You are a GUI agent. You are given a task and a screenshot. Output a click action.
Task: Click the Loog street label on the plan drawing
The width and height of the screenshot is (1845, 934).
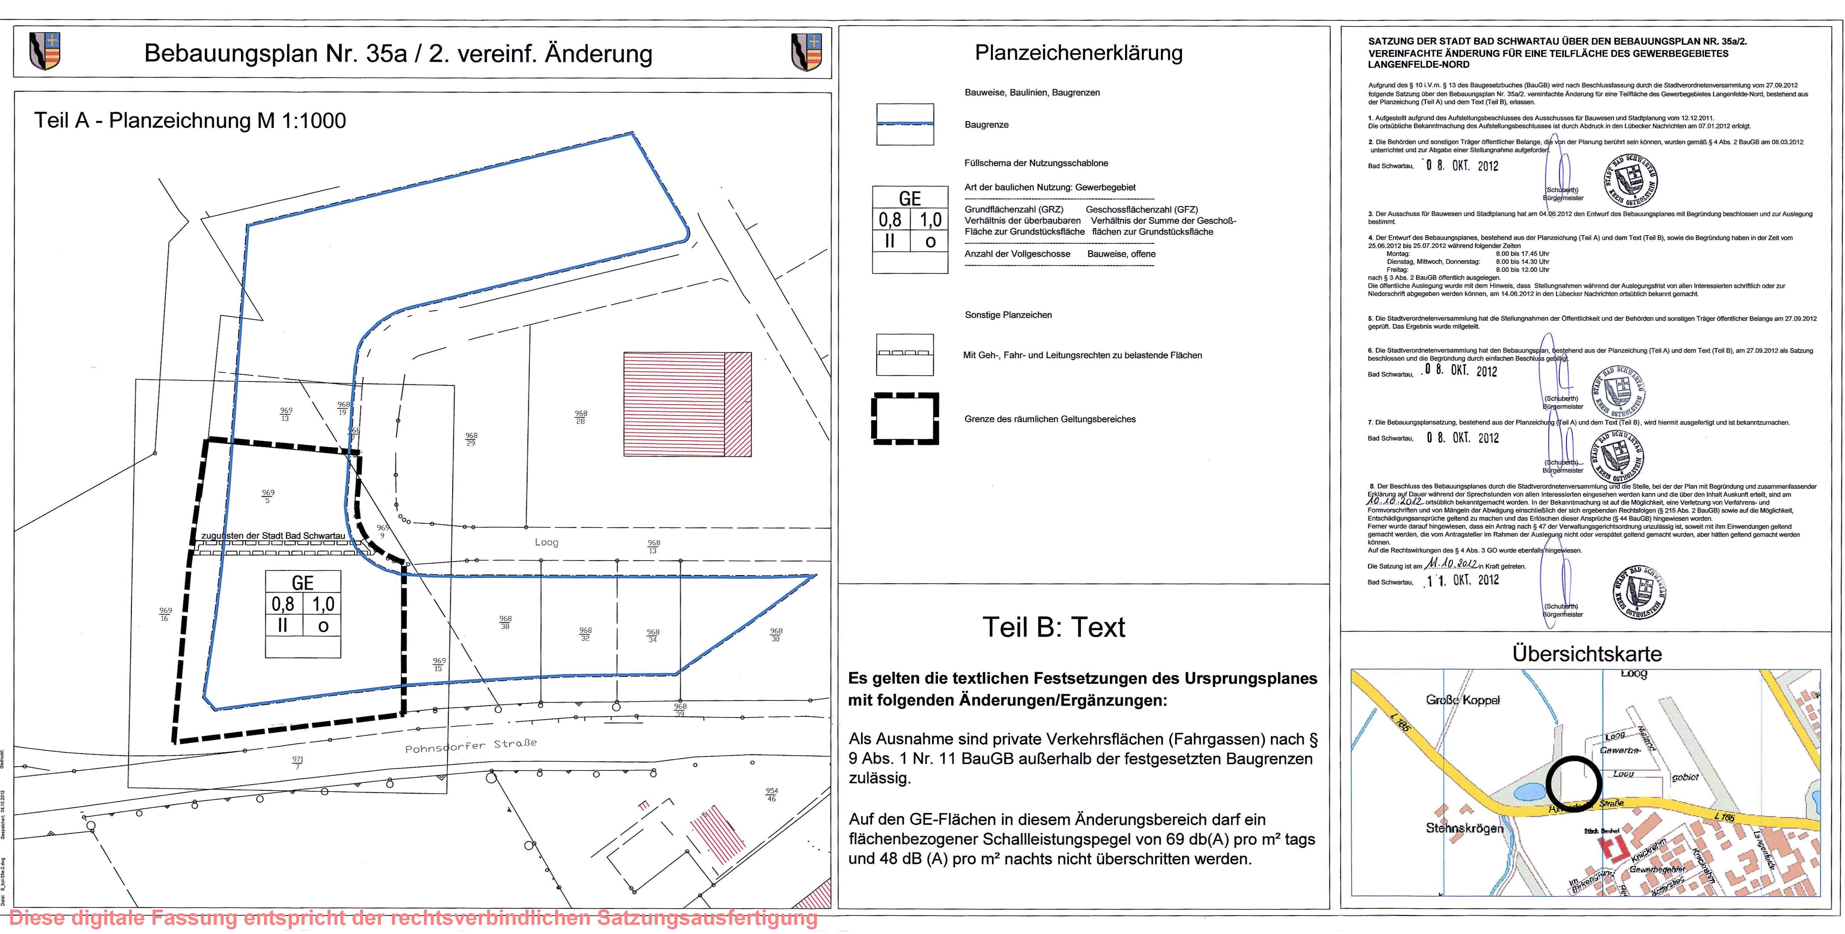point(547,542)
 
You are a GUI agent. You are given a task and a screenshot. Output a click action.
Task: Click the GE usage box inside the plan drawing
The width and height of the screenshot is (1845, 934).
point(303,614)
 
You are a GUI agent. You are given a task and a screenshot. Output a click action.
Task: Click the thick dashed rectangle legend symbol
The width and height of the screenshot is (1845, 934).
point(905,419)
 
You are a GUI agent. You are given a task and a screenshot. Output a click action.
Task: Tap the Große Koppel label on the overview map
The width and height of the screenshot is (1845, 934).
point(1463,700)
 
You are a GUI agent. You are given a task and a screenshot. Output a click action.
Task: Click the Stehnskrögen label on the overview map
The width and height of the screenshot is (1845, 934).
point(1464,828)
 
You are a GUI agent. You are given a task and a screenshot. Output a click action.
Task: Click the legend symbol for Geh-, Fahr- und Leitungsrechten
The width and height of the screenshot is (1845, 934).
point(905,355)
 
